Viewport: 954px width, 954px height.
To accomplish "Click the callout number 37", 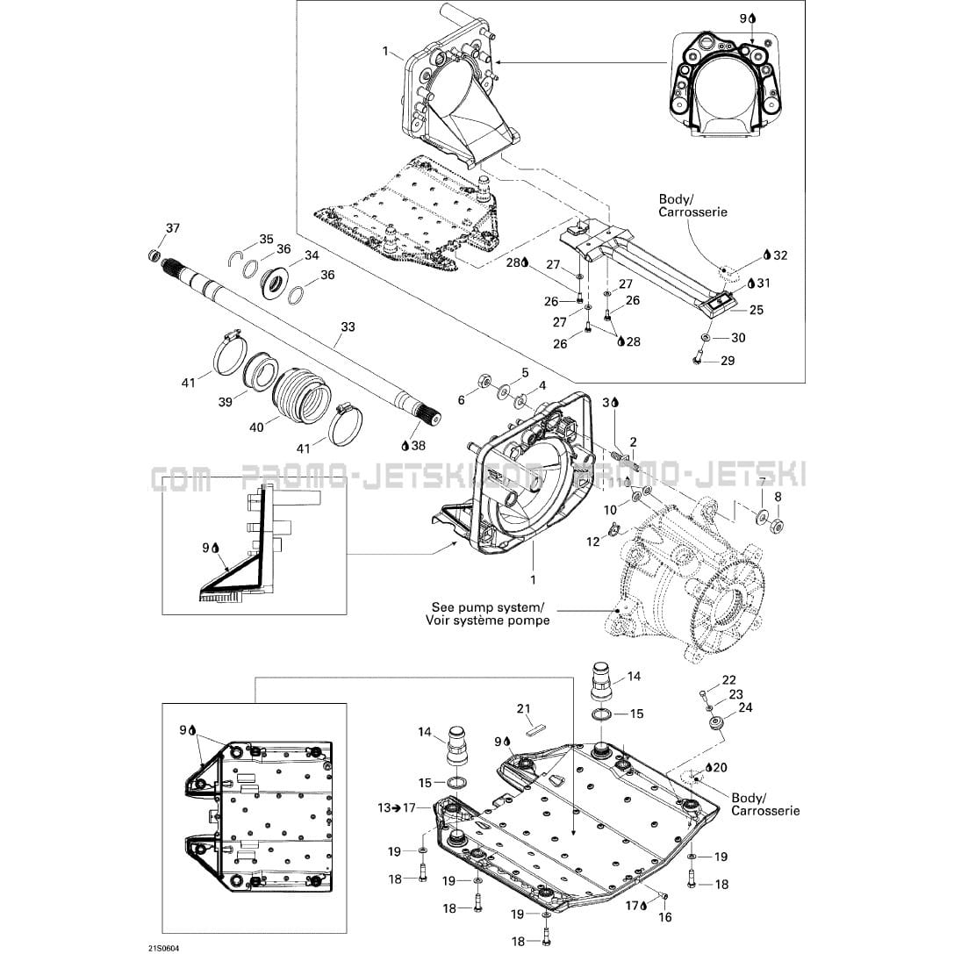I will pos(172,229).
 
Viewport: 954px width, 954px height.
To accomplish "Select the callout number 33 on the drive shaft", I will pos(348,327).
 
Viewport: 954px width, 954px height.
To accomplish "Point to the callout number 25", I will pos(756,310).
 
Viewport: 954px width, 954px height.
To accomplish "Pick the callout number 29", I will pos(728,361).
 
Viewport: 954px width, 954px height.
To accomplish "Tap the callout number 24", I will pos(745,707).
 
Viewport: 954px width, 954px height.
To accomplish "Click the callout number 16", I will pos(664,918).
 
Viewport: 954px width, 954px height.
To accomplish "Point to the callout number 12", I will pos(593,542).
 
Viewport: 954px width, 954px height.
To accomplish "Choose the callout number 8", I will pos(777,497).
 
